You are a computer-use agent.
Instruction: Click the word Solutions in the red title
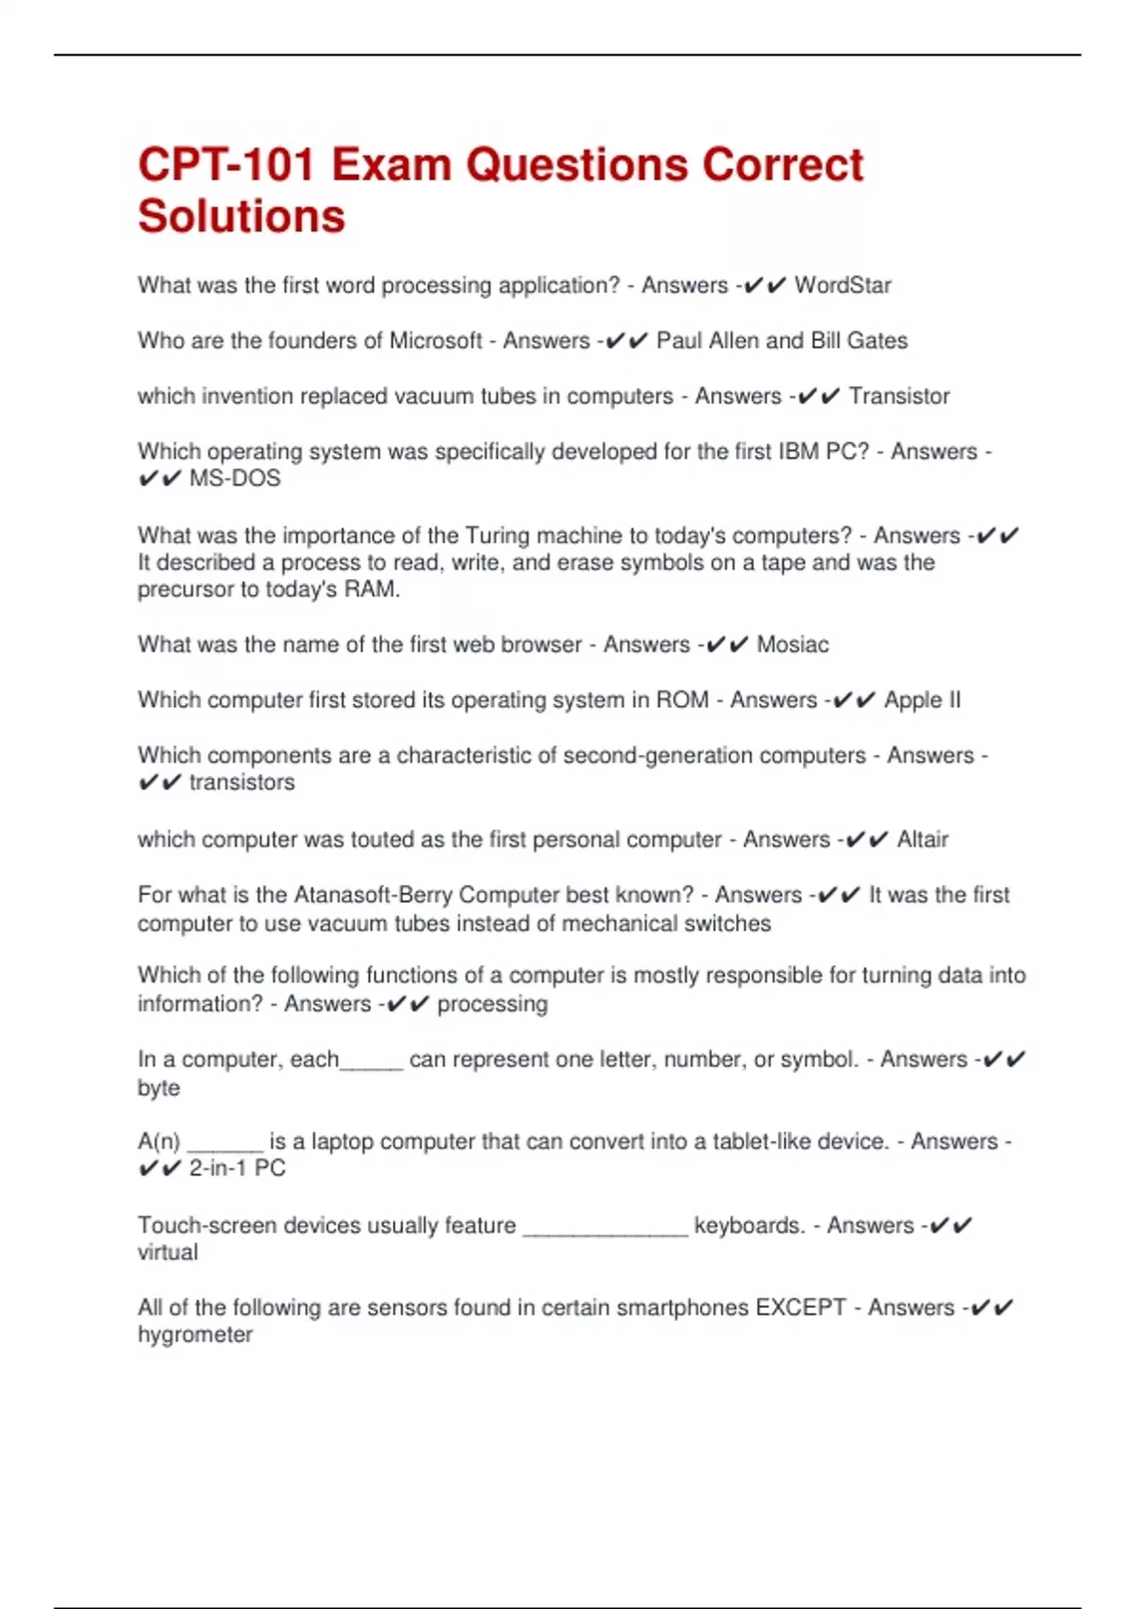pyautogui.click(x=241, y=217)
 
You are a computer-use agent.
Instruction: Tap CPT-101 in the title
pyautogui.click(x=226, y=165)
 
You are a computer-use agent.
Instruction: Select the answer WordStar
pyautogui.click(x=843, y=286)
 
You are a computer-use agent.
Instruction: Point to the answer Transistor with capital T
pyautogui.click(x=898, y=397)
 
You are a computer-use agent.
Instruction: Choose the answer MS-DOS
pyautogui.click(x=235, y=479)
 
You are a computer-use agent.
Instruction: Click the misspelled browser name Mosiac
pyautogui.click(x=792, y=645)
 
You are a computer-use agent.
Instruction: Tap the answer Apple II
pyautogui.click(x=922, y=700)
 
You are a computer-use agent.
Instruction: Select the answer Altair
pyautogui.click(x=922, y=840)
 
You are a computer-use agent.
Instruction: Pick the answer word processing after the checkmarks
pyautogui.click(x=492, y=1004)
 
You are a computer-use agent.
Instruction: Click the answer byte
pyautogui.click(x=158, y=1088)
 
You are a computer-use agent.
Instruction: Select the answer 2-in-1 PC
pyautogui.click(x=237, y=1169)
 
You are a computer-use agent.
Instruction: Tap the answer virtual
pyautogui.click(x=168, y=1253)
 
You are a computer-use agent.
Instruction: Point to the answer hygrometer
pyautogui.click(x=195, y=1335)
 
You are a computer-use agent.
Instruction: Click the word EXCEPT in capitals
pyautogui.click(x=800, y=1308)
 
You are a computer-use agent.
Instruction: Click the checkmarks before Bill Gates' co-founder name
pyautogui.click(x=625, y=341)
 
